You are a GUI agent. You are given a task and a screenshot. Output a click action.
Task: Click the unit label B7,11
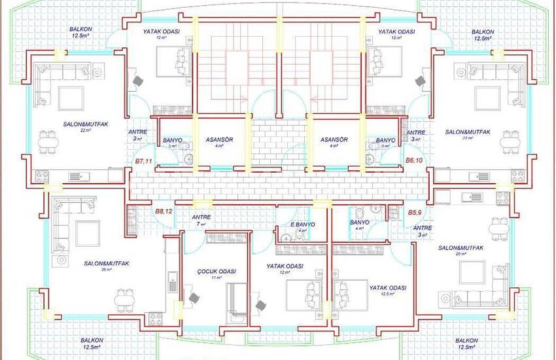(x=143, y=160)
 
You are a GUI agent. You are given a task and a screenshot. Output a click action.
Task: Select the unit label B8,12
(x=163, y=211)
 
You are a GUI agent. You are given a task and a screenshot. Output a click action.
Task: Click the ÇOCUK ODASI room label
(x=216, y=272)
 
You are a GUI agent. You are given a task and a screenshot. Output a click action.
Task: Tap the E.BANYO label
(x=303, y=225)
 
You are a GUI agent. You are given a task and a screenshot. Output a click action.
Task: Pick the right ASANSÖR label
(x=334, y=140)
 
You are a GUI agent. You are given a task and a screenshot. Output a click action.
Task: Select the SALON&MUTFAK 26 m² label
(x=106, y=264)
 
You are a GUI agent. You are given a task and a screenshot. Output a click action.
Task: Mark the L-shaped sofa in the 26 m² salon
(x=65, y=219)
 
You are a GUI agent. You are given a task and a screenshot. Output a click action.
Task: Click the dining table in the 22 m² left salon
(x=47, y=143)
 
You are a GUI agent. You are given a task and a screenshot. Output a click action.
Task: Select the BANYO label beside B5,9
(x=360, y=223)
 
